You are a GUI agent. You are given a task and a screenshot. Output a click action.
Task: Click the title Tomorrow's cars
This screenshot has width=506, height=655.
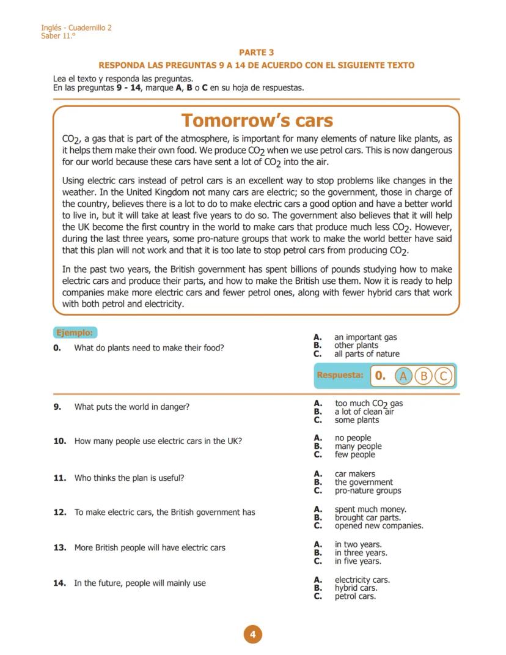[257, 120]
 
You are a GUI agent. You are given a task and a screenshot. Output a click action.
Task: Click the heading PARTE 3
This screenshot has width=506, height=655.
[256, 53]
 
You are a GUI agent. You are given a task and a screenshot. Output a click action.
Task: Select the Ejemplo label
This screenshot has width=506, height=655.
[75, 333]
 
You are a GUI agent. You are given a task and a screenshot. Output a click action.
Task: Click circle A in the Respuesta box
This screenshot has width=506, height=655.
[403, 376]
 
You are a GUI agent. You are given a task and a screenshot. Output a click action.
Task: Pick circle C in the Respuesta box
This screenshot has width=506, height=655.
[443, 376]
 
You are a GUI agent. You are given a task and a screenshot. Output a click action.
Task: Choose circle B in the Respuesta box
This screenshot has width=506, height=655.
[424, 376]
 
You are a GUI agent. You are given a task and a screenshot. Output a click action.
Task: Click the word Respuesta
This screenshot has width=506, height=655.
[340, 375]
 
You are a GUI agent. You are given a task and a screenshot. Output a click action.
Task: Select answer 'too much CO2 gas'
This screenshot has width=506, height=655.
[368, 404]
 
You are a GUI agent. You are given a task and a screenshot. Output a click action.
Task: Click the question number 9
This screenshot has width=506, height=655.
[57, 407]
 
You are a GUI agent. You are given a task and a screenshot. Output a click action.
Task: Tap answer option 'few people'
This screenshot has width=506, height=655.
[354, 455]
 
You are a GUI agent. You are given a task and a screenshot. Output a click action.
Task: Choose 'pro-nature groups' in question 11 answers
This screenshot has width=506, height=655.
[367, 490]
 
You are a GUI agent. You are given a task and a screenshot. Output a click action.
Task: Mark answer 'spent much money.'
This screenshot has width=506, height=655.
[370, 509]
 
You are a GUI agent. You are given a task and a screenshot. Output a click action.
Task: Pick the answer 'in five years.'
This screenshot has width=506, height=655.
[358, 561]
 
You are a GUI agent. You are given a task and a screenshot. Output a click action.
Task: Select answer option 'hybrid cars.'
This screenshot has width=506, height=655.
[356, 588]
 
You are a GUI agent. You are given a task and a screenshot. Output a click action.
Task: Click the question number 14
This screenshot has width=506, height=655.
[59, 583]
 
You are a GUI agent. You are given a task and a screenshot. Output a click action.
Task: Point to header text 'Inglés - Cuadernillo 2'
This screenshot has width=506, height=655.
[76, 28]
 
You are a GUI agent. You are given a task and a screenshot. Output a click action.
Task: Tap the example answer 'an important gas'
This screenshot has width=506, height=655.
[365, 337]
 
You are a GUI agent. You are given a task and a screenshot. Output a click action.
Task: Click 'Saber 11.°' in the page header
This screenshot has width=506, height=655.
[59, 35]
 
